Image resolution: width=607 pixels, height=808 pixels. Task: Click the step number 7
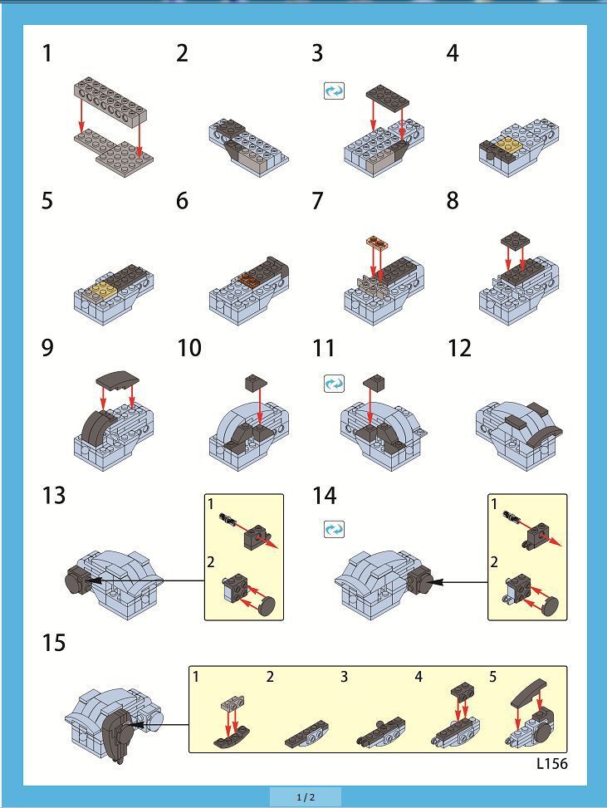tap(317, 200)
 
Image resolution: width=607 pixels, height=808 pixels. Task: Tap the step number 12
tap(460, 348)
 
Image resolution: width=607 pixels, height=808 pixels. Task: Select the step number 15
tap(54, 643)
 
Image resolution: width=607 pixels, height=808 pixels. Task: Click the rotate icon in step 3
tap(334, 91)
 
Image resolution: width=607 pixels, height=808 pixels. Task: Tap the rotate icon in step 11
tap(334, 384)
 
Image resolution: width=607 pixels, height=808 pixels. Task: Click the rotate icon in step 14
tap(334, 529)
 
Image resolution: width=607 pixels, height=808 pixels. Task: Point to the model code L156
tap(552, 763)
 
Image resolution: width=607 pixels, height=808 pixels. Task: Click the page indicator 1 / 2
tap(306, 797)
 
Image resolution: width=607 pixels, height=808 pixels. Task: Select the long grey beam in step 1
tap(110, 100)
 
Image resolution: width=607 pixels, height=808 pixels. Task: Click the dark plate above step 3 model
tap(388, 97)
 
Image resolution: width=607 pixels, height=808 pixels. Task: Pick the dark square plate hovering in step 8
tap(516, 240)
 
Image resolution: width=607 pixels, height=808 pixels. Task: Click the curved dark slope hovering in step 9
tap(117, 380)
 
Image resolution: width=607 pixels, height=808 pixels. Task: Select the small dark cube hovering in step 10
tap(256, 381)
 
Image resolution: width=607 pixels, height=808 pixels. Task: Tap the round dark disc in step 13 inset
tap(266, 606)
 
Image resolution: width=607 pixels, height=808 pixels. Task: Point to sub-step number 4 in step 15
tap(419, 677)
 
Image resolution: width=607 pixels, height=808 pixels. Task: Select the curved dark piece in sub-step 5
tap(528, 692)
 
